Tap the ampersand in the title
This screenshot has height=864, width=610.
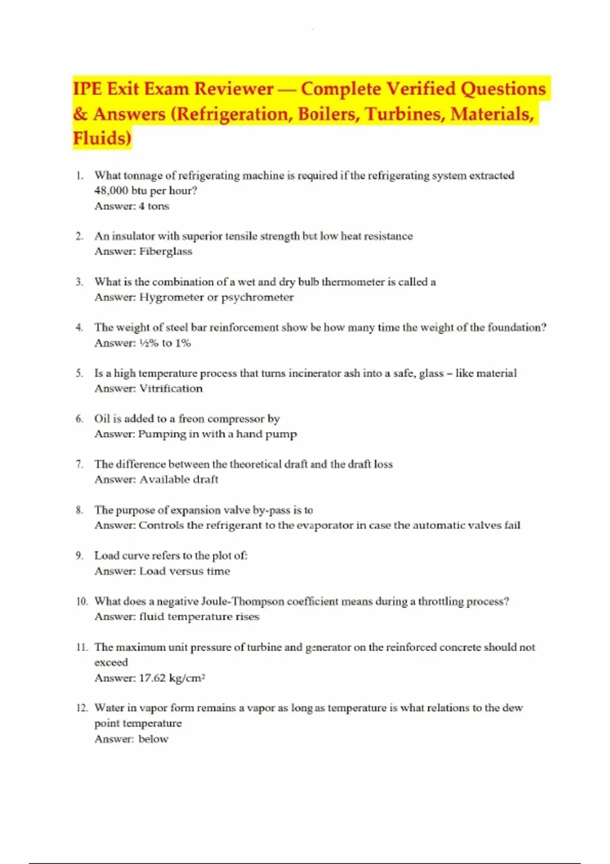click(80, 114)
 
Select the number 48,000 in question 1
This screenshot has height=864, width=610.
click(111, 191)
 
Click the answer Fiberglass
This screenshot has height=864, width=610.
click(166, 251)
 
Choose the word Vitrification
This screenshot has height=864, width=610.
click(171, 388)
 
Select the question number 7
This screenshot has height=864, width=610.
click(79, 464)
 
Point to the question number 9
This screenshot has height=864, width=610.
click(79, 556)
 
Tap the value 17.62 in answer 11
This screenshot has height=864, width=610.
click(152, 678)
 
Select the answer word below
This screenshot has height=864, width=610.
click(153, 739)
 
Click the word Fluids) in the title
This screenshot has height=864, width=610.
click(102, 138)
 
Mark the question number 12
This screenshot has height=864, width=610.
click(82, 708)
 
